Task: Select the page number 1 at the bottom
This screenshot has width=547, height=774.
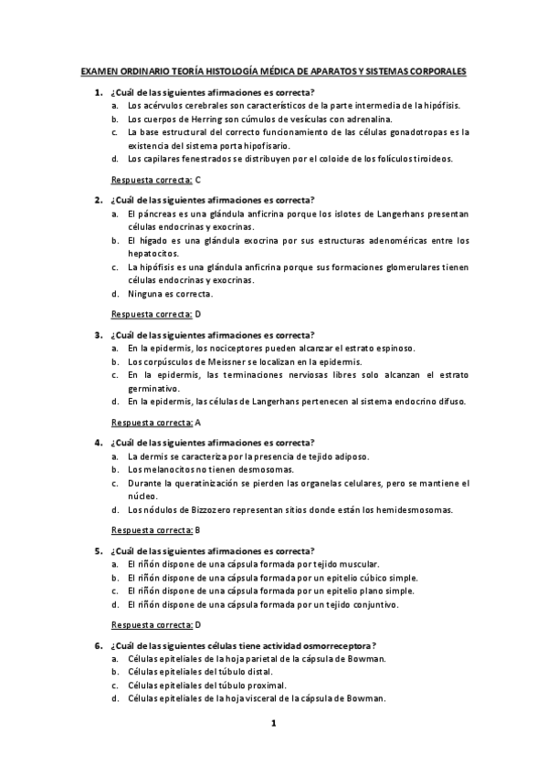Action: click(x=273, y=724)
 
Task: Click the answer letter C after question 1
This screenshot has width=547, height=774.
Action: click(x=198, y=181)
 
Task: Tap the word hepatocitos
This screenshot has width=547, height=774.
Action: click(x=153, y=254)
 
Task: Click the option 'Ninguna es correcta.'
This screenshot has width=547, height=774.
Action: click(x=170, y=294)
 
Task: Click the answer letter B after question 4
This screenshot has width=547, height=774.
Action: click(x=198, y=529)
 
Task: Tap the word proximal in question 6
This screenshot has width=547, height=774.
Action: click(x=267, y=685)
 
